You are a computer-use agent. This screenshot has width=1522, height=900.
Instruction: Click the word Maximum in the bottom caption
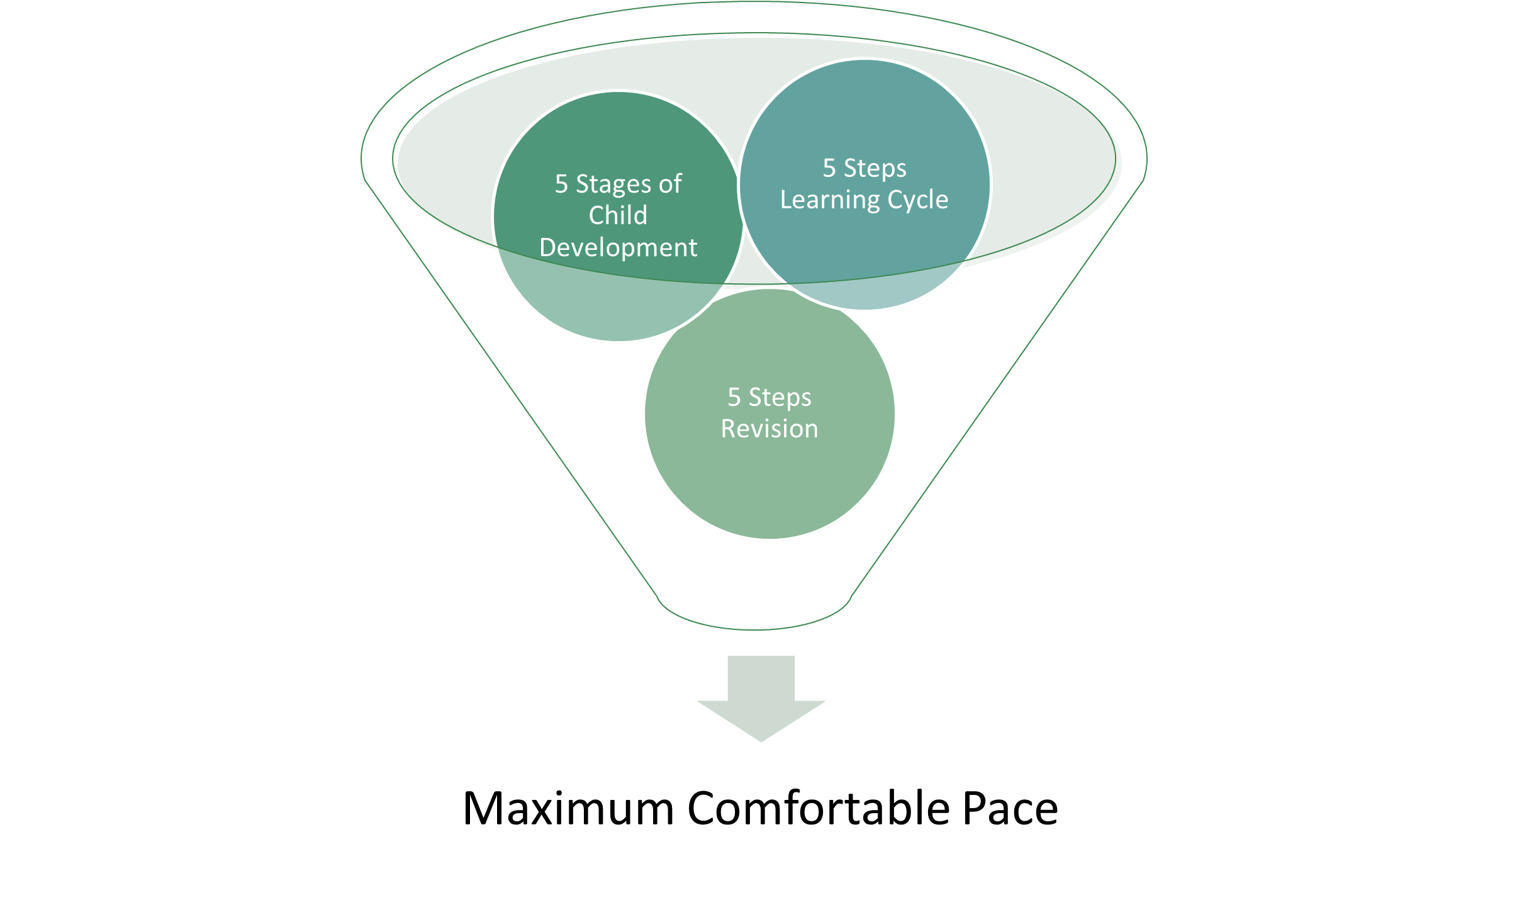(568, 809)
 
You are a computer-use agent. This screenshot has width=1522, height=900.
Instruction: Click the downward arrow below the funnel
(761, 699)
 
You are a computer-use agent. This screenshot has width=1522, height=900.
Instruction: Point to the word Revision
(769, 429)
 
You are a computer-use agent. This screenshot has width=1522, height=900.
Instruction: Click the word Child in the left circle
(618, 216)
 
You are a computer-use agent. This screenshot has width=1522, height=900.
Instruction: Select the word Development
(618, 248)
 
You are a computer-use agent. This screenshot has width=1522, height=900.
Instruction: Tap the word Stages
(613, 184)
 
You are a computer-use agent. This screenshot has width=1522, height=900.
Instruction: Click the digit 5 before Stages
(561, 184)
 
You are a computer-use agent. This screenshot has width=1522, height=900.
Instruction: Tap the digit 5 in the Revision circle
(734, 398)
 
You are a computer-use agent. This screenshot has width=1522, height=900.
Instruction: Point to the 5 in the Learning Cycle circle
(829, 169)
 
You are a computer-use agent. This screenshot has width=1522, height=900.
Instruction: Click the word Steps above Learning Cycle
(875, 169)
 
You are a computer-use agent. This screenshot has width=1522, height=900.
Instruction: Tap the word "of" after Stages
(670, 184)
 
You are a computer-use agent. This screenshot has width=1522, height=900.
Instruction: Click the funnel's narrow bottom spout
(754, 607)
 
